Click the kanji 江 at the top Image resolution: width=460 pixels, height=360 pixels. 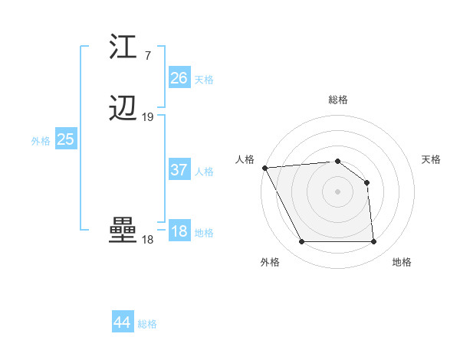point(123,47)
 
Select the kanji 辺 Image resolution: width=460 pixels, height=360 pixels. point(123,110)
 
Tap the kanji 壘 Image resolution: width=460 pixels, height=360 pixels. point(123,231)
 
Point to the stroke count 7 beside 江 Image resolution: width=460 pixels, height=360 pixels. point(147,56)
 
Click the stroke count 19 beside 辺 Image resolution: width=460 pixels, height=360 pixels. point(147,117)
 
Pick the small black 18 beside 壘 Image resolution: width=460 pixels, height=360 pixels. point(147,240)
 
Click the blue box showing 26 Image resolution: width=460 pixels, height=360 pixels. point(179,78)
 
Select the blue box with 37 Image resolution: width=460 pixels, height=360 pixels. point(179,170)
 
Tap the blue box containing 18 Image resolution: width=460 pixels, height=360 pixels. point(179,232)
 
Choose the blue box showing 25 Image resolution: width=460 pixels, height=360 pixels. point(65,139)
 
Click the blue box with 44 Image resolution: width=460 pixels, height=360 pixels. point(122,322)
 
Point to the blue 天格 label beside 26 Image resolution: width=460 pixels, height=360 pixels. point(204,80)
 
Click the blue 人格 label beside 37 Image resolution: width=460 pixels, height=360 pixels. point(204,172)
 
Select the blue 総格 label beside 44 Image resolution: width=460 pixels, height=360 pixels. point(147,324)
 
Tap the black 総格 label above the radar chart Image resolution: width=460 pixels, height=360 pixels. point(337,100)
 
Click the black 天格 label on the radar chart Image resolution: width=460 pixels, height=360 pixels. point(432,159)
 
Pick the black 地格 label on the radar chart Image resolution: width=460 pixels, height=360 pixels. point(402,262)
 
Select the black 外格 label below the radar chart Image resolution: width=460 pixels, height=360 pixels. point(270,262)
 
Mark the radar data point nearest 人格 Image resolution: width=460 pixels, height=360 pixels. point(264,168)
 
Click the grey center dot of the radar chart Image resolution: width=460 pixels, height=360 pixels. point(337,191)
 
